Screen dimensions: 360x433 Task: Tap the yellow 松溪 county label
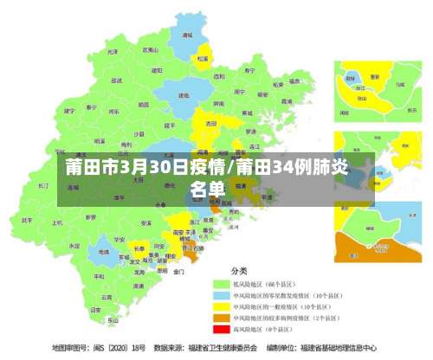(x=202, y=59)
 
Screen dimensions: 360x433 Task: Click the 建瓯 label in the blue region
(x=183, y=95)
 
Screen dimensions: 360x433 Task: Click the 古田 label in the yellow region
(x=210, y=124)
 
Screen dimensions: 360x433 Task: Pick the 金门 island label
(x=178, y=271)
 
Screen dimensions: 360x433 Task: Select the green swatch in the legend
(x=220, y=284)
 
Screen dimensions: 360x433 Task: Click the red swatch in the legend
(x=220, y=329)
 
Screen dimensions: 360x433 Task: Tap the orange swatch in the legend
(x=220, y=318)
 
